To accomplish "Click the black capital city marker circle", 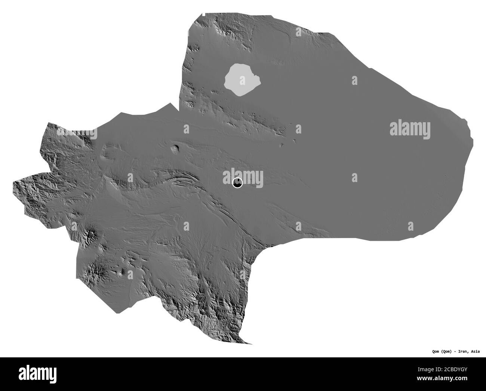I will click(237, 183).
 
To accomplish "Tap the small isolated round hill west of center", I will click(175, 149).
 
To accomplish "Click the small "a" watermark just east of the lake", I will click(354, 80).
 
